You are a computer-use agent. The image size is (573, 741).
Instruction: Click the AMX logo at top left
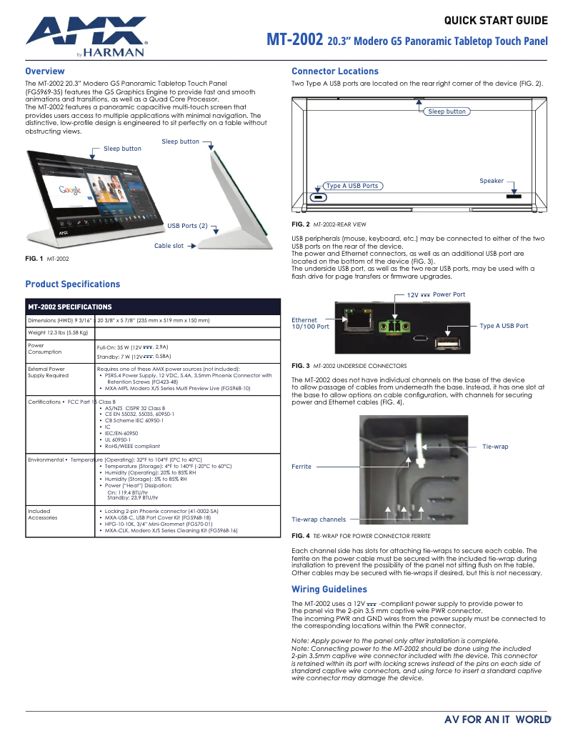[86, 34]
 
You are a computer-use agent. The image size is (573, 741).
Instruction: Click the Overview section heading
[45, 71]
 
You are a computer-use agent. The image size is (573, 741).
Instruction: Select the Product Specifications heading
[73, 284]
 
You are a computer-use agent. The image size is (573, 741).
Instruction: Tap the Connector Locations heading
[335, 71]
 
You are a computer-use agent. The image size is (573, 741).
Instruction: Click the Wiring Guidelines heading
[329, 590]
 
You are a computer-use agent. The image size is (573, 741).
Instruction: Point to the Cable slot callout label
[169, 246]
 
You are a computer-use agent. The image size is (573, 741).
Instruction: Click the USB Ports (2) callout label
[187, 226]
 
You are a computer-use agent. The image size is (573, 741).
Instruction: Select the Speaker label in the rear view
[492, 181]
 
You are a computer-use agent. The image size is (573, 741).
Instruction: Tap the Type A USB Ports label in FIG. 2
[352, 186]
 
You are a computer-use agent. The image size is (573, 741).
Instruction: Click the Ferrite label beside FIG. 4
[302, 467]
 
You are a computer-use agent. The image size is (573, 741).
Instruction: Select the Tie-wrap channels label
[319, 519]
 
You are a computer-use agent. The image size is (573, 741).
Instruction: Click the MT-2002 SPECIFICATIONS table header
[70, 307]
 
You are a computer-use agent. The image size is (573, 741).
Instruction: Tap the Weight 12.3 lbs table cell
[58, 332]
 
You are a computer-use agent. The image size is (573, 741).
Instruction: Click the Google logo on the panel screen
[70, 190]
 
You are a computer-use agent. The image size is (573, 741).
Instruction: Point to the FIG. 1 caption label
[34, 257]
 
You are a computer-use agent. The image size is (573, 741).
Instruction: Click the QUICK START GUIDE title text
[496, 21]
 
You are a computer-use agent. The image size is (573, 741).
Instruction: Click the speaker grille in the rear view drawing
[514, 195]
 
